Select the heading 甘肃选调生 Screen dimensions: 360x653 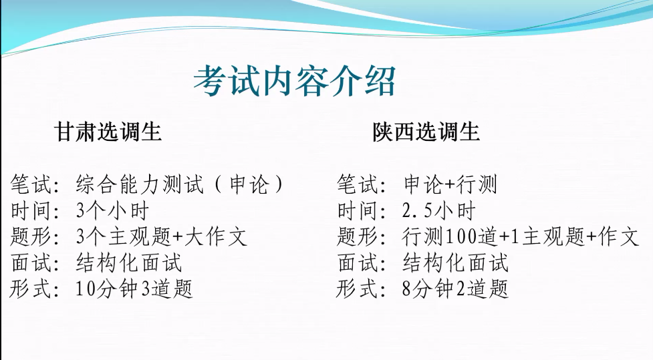(108, 132)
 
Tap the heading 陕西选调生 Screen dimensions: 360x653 (426, 132)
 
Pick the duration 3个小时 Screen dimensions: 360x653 (112, 210)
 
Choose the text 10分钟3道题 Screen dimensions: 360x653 (134, 289)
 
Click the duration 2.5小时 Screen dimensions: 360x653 (438, 210)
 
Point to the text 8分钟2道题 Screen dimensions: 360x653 (455, 289)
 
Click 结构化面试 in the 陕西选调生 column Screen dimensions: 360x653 (455, 262)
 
